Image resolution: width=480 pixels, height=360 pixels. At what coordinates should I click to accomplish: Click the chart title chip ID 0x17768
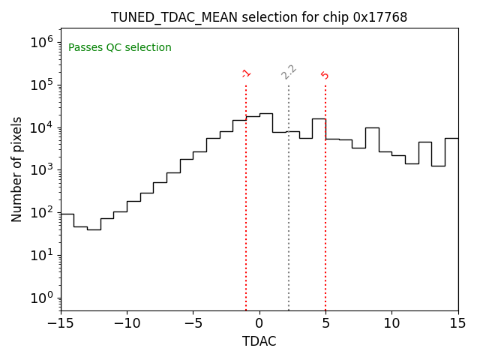pyautogui.click(x=380, y=17)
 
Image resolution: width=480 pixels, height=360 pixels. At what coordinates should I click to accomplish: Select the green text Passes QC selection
pyautogui.click(x=120, y=48)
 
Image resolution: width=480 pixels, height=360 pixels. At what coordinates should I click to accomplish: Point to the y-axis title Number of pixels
pyautogui.click(x=17, y=169)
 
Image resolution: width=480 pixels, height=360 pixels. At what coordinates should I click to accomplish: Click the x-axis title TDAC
pyautogui.click(x=259, y=341)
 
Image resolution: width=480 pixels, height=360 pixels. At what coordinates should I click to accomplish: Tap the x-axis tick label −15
pyautogui.click(x=61, y=323)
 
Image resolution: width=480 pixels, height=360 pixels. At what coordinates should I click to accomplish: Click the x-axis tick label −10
pyautogui.click(x=127, y=323)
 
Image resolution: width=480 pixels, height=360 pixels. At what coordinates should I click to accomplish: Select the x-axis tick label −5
pyautogui.click(x=193, y=323)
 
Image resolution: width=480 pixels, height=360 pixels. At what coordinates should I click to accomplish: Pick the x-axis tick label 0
pyautogui.click(x=259, y=323)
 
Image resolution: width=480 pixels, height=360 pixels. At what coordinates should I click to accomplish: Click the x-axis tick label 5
pyautogui.click(x=325, y=323)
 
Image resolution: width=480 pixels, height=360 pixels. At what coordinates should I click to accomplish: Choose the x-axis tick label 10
pyautogui.click(x=391, y=323)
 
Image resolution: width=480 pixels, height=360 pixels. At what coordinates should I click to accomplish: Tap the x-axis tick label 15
pyautogui.click(x=457, y=323)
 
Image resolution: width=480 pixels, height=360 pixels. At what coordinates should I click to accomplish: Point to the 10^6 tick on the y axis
pyautogui.click(x=40, y=42)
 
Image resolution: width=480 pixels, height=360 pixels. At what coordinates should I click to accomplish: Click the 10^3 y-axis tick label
pyautogui.click(x=40, y=169)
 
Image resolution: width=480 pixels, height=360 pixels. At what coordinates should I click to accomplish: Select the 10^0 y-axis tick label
pyautogui.click(x=40, y=298)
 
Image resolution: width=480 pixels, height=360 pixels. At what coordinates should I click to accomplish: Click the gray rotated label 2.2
pyautogui.click(x=289, y=72)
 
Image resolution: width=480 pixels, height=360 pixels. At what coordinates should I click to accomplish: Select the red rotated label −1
pyautogui.click(x=246, y=73)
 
